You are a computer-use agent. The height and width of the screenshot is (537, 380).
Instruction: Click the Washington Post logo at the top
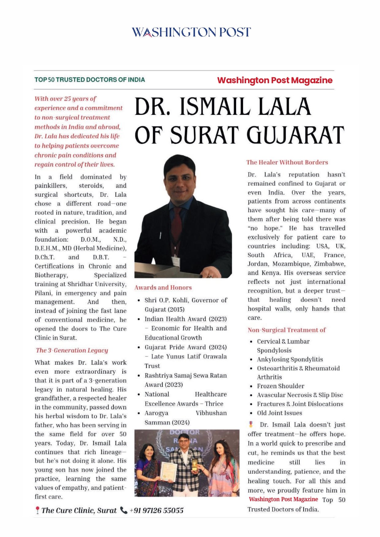click(191, 32)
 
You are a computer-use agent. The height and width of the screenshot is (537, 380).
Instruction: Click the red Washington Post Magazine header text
click(275, 80)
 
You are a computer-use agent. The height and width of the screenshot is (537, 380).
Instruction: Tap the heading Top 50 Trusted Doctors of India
click(90, 80)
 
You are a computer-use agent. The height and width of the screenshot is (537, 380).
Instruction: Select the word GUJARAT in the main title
click(295, 135)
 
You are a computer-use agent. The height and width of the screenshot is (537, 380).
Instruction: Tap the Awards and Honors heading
click(163, 288)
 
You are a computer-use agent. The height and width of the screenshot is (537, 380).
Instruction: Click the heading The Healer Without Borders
click(287, 162)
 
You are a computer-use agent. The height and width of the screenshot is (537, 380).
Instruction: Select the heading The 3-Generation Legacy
click(72, 350)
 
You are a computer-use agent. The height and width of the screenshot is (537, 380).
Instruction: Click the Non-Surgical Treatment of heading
click(287, 330)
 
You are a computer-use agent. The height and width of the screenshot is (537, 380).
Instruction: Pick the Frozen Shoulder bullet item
click(280, 386)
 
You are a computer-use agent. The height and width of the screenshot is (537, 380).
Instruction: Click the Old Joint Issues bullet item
click(279, 413)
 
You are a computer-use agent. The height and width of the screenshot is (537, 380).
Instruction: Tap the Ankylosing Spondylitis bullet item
click(290, 359)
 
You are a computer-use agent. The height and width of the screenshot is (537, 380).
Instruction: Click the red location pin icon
click(37, 510)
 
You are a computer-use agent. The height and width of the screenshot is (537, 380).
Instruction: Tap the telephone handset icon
click(124, 510)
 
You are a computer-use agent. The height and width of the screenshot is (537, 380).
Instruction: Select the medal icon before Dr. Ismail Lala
click(251, 424)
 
